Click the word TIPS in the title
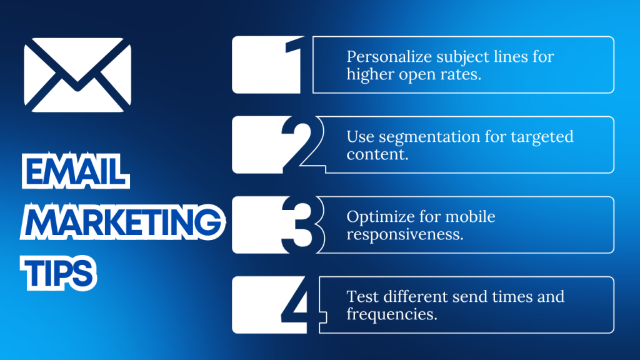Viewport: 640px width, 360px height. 60,273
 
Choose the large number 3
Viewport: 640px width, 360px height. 299,225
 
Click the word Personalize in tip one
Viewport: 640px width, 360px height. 382,57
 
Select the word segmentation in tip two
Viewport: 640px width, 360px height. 419,137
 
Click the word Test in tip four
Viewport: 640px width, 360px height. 360,296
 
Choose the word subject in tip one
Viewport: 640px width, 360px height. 451,57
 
